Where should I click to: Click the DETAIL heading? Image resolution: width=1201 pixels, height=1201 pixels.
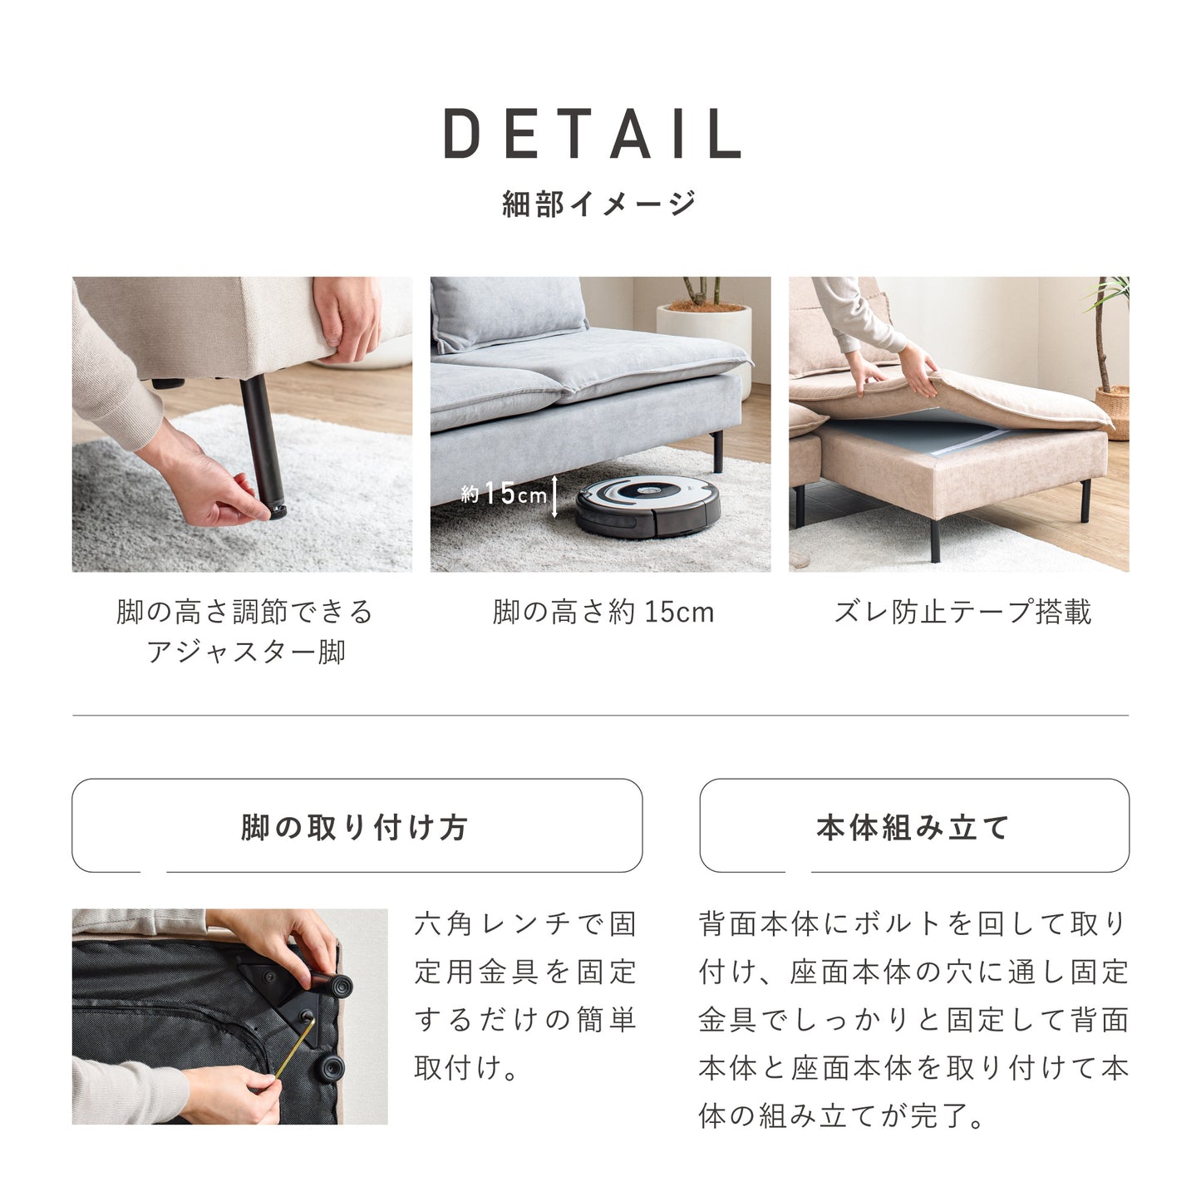pos(593,134)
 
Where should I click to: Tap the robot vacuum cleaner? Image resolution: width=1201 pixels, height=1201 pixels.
pos(649,505)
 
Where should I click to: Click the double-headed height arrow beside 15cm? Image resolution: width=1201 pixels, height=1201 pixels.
pos(554,496)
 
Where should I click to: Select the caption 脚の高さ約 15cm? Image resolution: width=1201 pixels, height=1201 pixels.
pos(603,613)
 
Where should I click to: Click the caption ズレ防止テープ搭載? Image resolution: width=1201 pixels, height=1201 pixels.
pos(962,613)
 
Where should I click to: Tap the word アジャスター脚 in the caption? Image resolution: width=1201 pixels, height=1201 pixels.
pos(246,652)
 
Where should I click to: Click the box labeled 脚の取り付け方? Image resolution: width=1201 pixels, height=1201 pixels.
pos(357,826)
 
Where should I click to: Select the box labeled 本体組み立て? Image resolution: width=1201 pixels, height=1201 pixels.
pos(913,826)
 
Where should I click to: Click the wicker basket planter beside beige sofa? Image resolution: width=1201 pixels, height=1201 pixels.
pos(1111,411)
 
